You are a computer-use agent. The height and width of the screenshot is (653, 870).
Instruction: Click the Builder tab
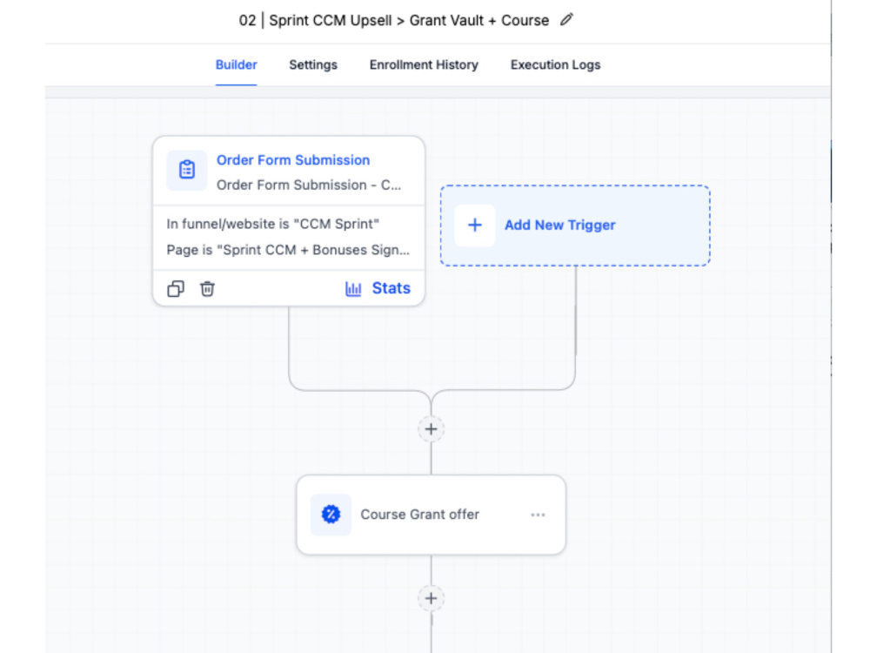(236, 65)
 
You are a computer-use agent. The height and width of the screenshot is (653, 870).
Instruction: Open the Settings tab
(313, 65)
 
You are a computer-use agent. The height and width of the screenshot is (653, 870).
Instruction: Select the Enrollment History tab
(424, 65)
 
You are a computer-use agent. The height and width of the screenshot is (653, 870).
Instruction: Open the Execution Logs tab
(555, 65)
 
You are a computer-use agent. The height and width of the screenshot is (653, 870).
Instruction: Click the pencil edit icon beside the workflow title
(566, 20)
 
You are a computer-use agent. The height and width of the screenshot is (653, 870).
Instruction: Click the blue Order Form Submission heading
(293, 160)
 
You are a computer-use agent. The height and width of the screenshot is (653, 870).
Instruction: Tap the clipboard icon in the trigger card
(187, 170)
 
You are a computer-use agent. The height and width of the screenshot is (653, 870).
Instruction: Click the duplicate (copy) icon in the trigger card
(176, 289)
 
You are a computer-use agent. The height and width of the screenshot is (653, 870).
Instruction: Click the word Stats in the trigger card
(391, 288)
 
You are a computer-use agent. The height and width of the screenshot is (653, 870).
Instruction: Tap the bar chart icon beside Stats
(353, 289)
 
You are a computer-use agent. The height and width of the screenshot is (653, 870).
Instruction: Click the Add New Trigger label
(559, 225)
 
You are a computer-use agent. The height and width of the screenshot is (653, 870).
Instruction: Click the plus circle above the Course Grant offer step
(432, 428)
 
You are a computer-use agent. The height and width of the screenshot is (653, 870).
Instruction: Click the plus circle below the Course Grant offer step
(432, 598)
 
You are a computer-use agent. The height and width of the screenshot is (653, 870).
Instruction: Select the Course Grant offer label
(420, 515)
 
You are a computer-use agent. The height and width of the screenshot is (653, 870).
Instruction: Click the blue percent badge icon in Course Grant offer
(331, 515)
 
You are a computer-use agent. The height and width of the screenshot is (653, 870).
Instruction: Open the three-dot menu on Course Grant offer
(538, 515)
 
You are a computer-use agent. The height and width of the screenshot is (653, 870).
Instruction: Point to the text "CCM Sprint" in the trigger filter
(336, 224)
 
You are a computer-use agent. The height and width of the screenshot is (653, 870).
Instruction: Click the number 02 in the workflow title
(247, 21)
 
